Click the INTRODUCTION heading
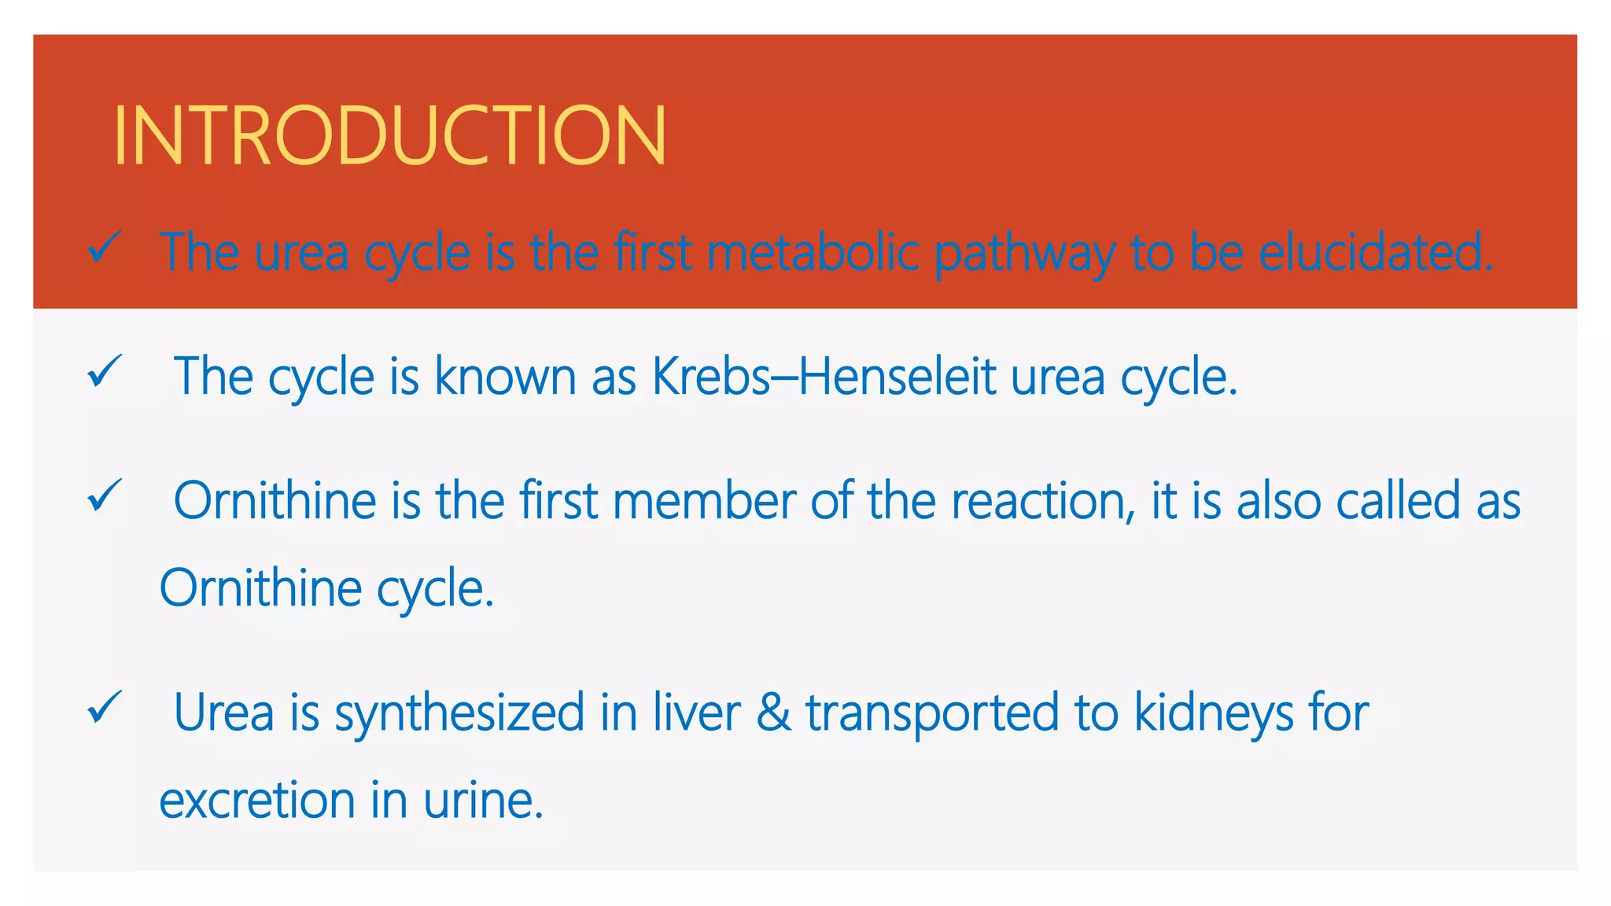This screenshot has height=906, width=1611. point(390,135)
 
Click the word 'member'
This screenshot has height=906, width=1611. point(704,500)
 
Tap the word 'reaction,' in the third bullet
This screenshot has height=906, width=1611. point(1043,502)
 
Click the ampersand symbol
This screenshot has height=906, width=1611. point(773,713)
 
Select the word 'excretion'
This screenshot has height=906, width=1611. point(257,800)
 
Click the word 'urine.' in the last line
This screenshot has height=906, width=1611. point(483,800)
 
